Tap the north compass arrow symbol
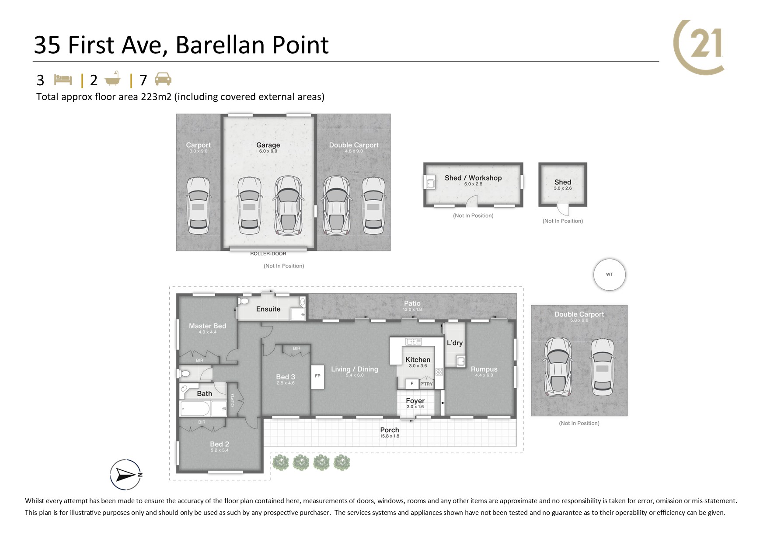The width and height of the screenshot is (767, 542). [126, 475]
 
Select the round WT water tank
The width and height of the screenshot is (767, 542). [610, 274]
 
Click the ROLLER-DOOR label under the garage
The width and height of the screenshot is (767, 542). [268, 254]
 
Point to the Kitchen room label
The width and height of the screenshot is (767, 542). [418, 360]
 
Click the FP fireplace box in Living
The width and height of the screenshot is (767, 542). [317, 376]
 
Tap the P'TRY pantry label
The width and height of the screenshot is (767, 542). [426, 384]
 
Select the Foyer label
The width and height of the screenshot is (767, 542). [415, 401]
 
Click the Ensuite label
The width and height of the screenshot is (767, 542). [268, 309]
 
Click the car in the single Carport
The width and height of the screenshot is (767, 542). [198, 205]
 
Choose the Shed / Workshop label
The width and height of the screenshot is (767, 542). [473, 178]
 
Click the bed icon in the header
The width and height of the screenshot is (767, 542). [63, 80]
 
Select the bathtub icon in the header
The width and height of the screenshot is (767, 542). [113, 79]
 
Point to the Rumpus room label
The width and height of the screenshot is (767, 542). [484, 369]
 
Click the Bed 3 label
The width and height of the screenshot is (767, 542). [286, 377]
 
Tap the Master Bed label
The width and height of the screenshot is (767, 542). [207, 326]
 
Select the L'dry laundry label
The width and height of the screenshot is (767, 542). [455, 343]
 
